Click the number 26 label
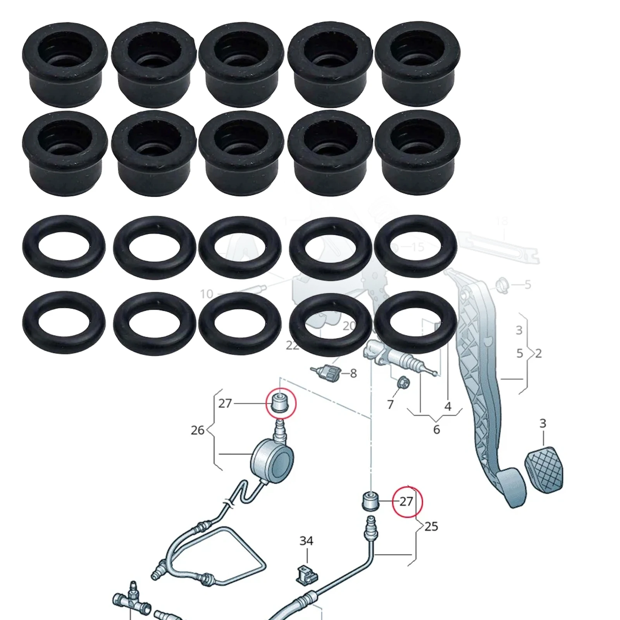(x=197, y=430)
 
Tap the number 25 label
(x=431, y=526)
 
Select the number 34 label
(x=306, y=541)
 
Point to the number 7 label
(x=390, y=405)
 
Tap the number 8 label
(x=353, y=374)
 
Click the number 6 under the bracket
(x=436, y=429)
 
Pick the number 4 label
(x=448, y=406)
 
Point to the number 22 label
(x=293, y=345)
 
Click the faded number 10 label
(x=207, y=294)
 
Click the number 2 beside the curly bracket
(x=538, y=353)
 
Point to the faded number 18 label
(x=501, y=221)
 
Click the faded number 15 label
(x=417, y=247)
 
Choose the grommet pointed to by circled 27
(x=370, y=501)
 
